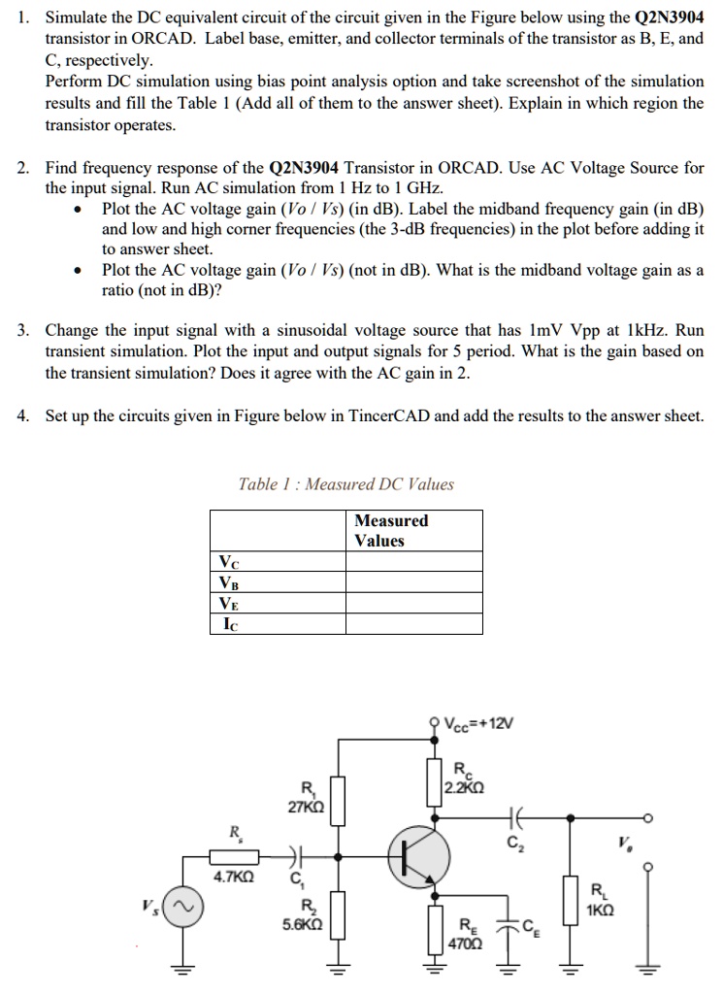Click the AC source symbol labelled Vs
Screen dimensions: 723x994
pos(183,907)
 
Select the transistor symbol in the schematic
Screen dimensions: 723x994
pos(419,856)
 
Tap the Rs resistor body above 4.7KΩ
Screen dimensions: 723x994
pos(234,857)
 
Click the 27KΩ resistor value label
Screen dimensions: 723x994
pos(306,808)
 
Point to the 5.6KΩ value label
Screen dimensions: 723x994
pos(302,924)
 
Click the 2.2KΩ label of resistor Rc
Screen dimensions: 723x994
pos(465,788)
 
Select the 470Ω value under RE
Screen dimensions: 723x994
pos(465,944)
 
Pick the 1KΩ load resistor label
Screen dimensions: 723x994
pos(600,911)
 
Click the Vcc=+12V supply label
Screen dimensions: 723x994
pos(479,723)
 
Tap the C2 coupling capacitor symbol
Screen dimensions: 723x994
pos(514,817)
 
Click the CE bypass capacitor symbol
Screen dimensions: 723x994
pos(507,924)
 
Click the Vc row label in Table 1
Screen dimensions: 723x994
pos(229,562)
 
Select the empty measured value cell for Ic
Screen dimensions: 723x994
pos(414,624)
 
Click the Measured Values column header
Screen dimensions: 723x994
pos(391,531)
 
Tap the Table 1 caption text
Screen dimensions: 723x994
pos(346,484)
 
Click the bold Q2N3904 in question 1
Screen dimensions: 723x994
pos(669,17)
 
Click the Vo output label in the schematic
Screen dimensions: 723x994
pos(625,844)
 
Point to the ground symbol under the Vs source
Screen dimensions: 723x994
pos(183,968)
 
